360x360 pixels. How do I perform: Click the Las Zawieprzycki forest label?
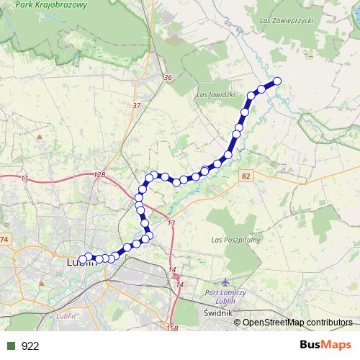289,20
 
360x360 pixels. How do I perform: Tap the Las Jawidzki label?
215,94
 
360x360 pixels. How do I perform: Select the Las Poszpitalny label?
235,239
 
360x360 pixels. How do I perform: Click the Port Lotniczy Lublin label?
235,294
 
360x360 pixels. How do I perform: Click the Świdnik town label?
217,313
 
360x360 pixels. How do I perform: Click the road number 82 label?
247,176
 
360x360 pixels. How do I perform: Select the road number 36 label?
168,77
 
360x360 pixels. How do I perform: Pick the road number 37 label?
137,105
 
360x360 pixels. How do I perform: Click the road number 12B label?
99,175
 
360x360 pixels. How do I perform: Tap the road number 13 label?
171,224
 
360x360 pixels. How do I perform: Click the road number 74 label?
4,239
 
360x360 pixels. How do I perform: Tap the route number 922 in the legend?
30,346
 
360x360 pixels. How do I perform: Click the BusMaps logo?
325,345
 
